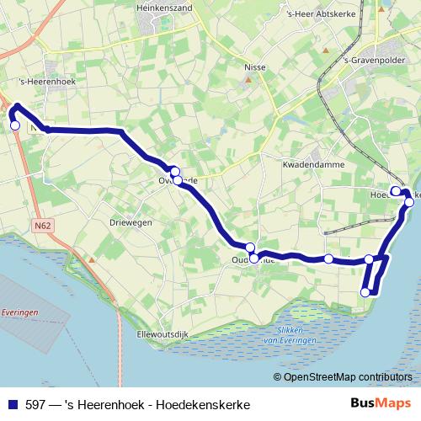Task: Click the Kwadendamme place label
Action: [x=314, y=165]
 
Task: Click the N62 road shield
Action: [x=43, y=226]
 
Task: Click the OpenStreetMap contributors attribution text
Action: [x=347, y=377]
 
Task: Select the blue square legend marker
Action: [x=13, y=405]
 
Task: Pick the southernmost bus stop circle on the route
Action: [x=365, y=292]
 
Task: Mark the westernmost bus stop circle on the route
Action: [x=14, y=125]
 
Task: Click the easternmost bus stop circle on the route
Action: [x=409, y=202]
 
